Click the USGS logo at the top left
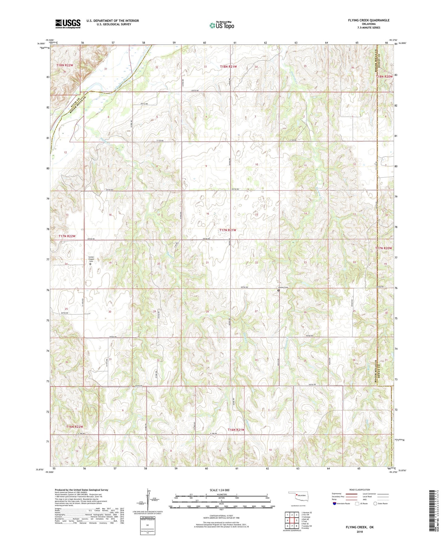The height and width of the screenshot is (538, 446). tap(68, 24)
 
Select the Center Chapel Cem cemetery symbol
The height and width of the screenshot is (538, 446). tap(90, 264)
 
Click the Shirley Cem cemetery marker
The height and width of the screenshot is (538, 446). tap(278, 290)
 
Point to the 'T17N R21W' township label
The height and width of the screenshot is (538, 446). tap(228, 230)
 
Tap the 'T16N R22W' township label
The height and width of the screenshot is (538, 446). tap(75, 427)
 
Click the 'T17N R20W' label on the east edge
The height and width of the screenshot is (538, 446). tap(383, 248)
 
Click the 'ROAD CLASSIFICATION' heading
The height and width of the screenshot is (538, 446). tap(360, 490)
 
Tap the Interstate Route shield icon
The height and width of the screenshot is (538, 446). tap(335, 503)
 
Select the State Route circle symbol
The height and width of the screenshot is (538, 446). tap(375, 503)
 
